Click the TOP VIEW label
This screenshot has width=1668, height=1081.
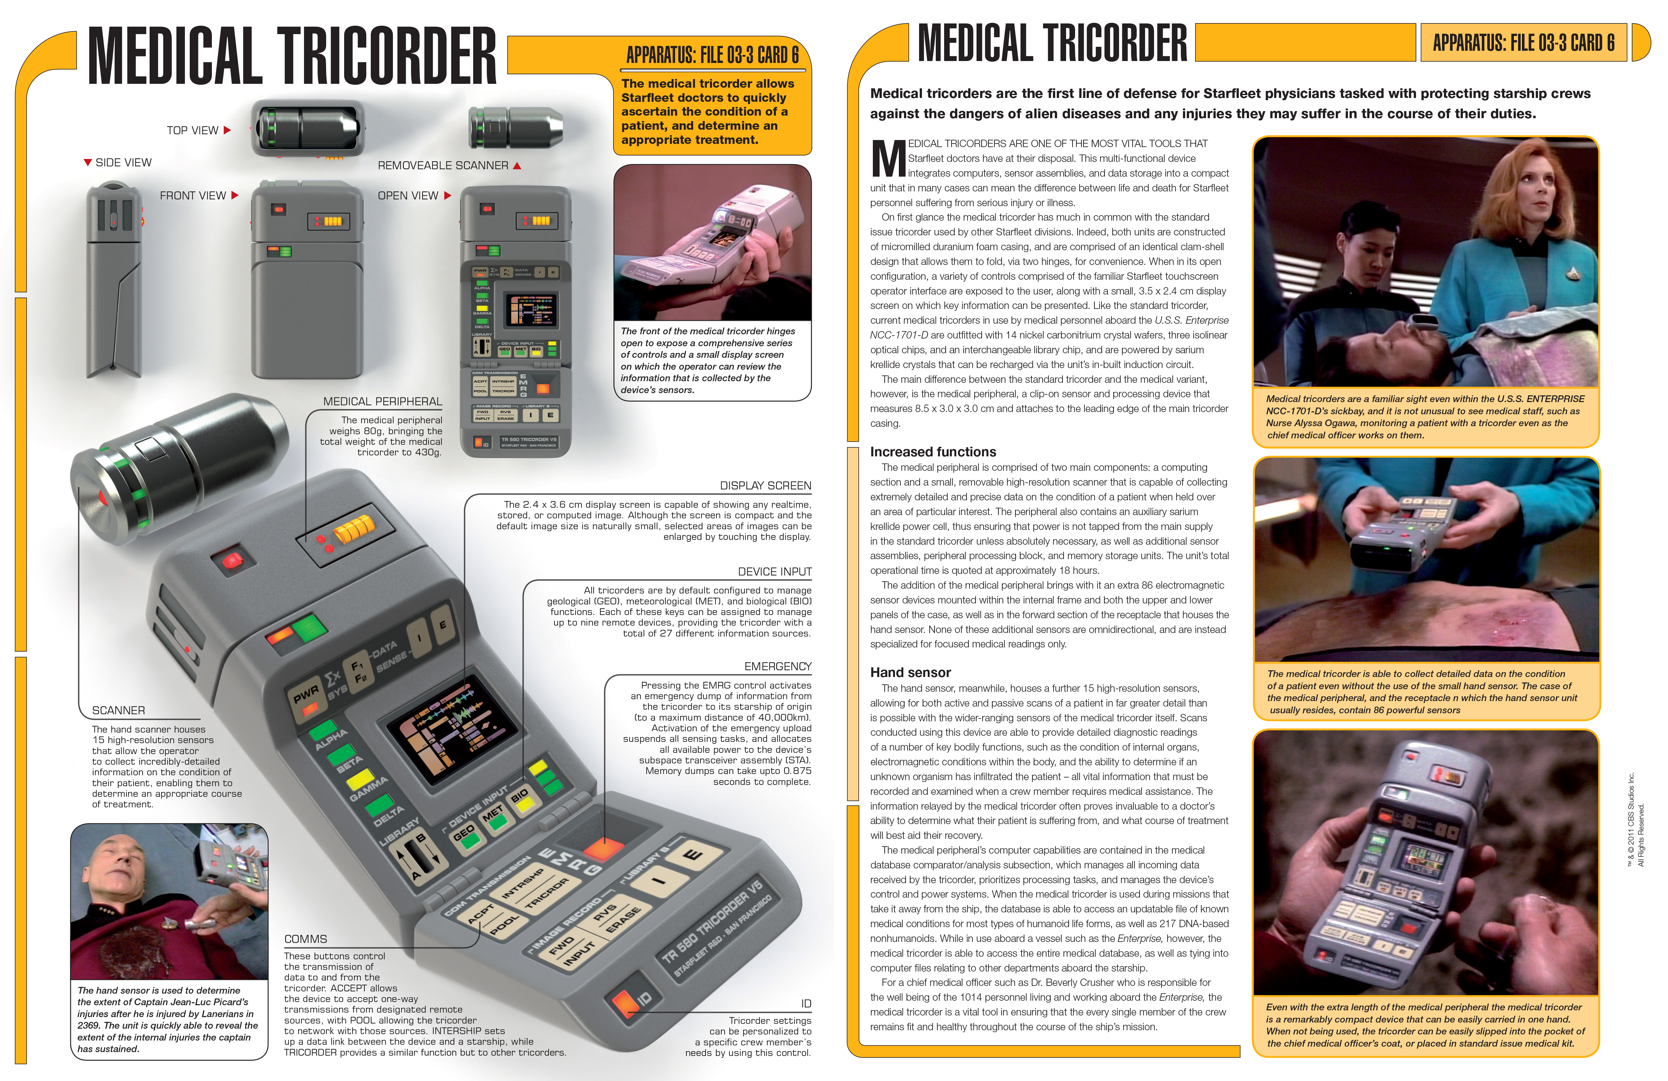coord(193,130)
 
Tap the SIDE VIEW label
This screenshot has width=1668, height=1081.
coord(123,163)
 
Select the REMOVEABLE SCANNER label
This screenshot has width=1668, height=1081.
coord(443,165)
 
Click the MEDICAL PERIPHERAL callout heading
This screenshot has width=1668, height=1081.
coord(383,402)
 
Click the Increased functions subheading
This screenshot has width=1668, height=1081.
coord(933,452)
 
